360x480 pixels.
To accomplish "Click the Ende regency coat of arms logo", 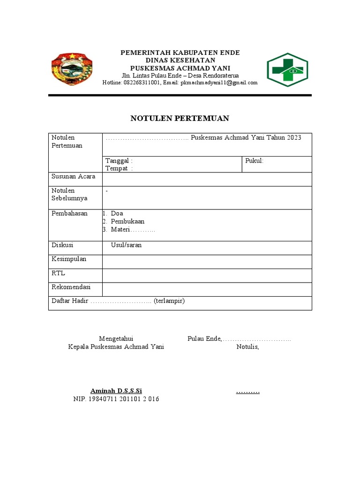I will coord(71,69).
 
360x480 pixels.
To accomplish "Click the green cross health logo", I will coord(287,70).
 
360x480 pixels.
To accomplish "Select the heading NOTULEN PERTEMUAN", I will coord(180,119).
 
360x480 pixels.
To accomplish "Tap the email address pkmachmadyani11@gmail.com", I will coord(219,82).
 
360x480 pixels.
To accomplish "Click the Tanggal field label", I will coord(119,161).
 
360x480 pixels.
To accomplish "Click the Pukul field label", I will coord(255,161).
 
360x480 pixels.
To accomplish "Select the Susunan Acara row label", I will coord(73,176).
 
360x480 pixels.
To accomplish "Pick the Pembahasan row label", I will coord(69,213).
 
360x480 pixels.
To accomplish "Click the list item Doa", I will coord(117,213).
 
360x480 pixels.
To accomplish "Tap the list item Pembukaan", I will coord(127,221).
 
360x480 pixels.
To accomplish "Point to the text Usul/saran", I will coord(126,245).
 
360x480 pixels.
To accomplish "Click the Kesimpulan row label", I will coord(69,259).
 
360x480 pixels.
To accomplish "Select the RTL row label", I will coord(58,273).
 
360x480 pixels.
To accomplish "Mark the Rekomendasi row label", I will coord(71,286).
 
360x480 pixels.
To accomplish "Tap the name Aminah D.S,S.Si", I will coord(116,391).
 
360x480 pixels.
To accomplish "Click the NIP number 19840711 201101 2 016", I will coord(116,399).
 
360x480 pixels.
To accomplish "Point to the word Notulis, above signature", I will coord(247,347).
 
